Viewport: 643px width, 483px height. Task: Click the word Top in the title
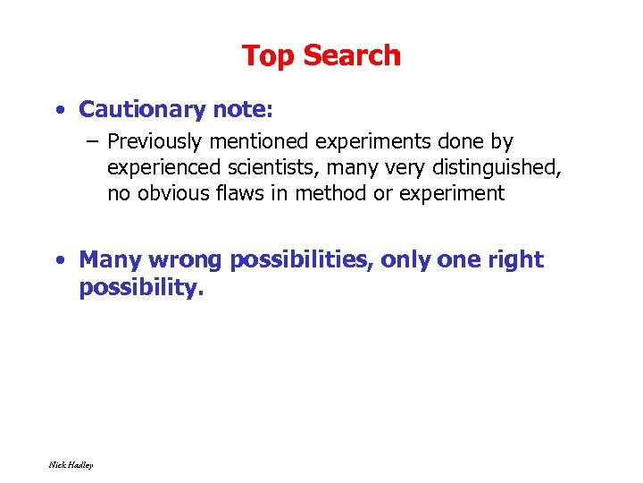tap(269, 56)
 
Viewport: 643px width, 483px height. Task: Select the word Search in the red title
tap(351, 55)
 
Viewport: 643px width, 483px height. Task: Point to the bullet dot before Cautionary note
tap(58, 110)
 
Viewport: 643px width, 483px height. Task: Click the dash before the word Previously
tap(93, 141)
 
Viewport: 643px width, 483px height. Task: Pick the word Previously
tap(155, 141)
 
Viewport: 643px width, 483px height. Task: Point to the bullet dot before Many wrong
tap(58, 260)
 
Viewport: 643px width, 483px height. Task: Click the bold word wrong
tap(185, 259)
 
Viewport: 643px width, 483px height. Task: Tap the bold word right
tap(517, 260)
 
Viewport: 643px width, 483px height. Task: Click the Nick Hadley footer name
tap(71, 464)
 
